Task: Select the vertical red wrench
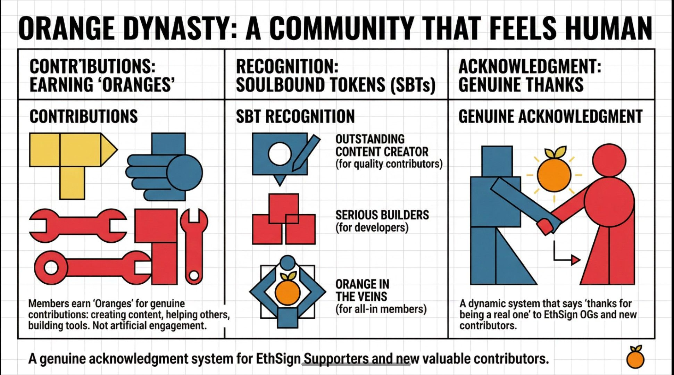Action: point(194,243)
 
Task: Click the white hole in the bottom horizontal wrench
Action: point(51,268)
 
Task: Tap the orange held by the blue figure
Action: point(287,291)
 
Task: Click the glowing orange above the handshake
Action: point(554,174)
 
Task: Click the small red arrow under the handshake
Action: point(575,259)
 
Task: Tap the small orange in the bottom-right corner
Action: point(635,358)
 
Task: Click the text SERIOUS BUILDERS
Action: point(382,215)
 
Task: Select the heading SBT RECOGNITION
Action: point(295,116)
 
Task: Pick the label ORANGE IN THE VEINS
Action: point(362,290)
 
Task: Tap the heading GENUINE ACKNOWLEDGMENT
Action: point(550,116)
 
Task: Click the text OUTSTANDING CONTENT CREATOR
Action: point(382,145)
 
